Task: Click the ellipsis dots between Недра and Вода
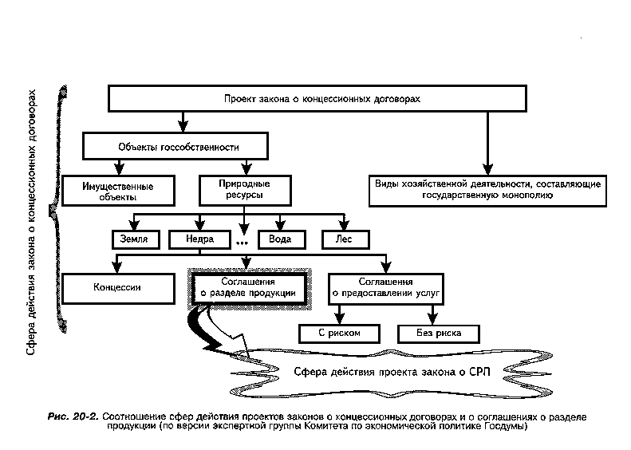tap(242, 243)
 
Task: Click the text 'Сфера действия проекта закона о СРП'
tap(392, 372)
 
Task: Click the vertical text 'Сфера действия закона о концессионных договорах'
tap(31, 222)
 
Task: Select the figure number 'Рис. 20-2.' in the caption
tap(73, 416)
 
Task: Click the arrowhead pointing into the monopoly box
tap(487, 169)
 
